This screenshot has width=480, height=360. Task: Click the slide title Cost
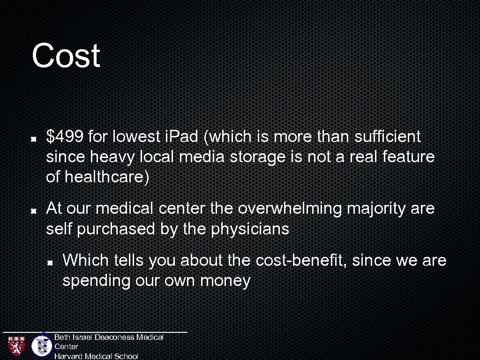pos(66,56)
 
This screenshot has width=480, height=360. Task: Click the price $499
pos(65,137)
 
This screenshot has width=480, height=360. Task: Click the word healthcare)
pos(107,178)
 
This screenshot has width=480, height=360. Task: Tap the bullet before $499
pos(34,139)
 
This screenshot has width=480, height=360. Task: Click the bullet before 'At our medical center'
pos(34,210)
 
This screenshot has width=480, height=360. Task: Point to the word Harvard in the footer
pos(68,356)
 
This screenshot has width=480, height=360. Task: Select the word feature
pos(408,157)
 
